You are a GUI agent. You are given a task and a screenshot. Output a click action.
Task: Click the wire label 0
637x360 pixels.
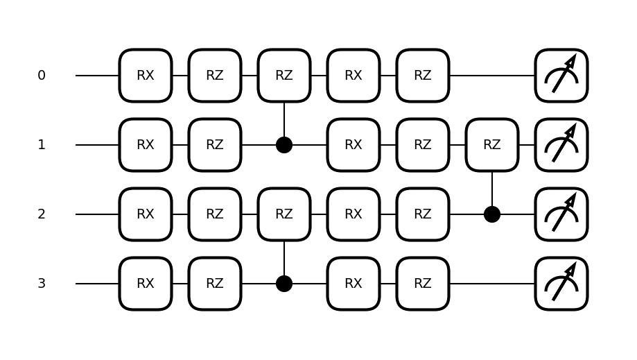(42, 76)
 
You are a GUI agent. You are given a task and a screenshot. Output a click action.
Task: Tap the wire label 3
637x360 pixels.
(42, 284)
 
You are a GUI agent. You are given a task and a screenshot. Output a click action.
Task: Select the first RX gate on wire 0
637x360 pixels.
(146, 76)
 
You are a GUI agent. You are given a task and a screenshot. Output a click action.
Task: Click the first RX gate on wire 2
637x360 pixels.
(146, 214)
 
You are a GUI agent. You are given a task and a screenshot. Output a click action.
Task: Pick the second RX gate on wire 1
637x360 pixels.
(354, 145)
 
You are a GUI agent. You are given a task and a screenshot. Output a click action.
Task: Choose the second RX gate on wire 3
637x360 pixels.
(354, 284)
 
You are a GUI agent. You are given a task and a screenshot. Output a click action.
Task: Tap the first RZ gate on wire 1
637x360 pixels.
(215, 145)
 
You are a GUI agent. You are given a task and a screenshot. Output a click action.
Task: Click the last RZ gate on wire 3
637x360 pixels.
(423, 284)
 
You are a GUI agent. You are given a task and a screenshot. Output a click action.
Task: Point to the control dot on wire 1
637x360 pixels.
(284, 145)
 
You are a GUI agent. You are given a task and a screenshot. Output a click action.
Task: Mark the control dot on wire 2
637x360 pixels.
(492, 214)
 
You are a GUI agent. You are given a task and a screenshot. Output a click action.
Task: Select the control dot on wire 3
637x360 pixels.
(284, 284)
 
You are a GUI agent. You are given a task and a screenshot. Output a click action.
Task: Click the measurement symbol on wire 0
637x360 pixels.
(561, 76)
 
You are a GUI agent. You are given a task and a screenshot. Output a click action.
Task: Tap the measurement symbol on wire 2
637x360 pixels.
(561, 214)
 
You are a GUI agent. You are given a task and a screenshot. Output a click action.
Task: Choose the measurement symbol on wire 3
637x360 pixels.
(561, 284)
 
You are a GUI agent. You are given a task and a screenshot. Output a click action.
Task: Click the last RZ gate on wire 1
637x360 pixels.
(492, 145)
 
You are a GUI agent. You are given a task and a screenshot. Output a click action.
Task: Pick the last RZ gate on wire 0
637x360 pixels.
(423, 76)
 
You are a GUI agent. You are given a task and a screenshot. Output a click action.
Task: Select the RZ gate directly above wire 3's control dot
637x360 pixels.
(284, 214)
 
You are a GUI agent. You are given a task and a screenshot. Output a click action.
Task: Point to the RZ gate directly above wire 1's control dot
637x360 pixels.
(284, 76)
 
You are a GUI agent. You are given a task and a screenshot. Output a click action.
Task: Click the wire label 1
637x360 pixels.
(42, 145)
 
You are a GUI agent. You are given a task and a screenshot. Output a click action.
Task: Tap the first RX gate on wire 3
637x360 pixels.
(146, 284)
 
